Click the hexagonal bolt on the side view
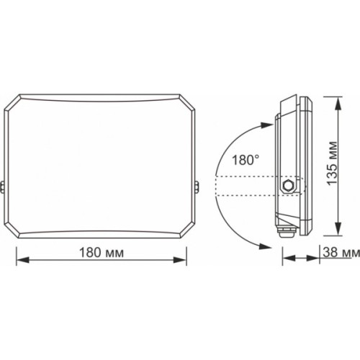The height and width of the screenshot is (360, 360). [x=289, y=185]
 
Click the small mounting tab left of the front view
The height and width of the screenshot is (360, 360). [x=4, y=188]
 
